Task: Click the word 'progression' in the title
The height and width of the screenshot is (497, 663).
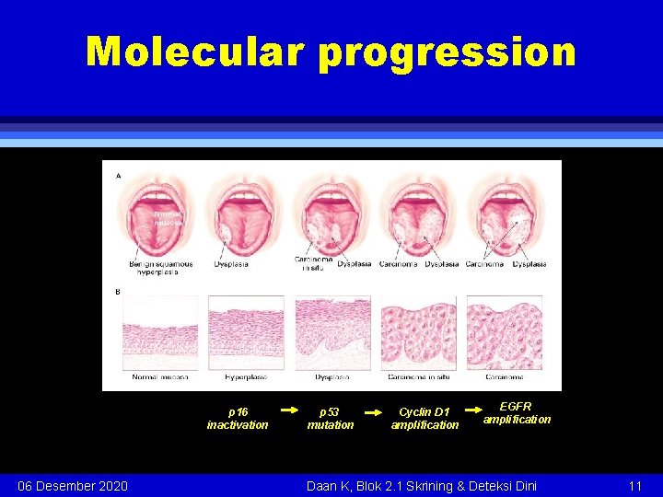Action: (x=447, y=52)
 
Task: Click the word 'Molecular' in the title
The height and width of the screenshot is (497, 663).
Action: (x=195, y=52)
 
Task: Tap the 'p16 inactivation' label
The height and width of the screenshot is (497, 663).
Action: (x=238, y=419)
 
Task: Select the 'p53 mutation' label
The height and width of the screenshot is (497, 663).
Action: (x=330, y=419)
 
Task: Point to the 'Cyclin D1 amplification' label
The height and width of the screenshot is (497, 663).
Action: (x=425, y=419)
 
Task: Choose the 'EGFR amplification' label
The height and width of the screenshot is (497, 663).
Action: (x=517, y=412)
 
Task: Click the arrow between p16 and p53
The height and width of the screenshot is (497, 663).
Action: (x=288, y=410)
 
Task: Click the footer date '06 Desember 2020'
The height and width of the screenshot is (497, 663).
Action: (x=73, y=485)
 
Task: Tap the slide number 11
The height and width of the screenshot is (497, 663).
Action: (x=634, y=485)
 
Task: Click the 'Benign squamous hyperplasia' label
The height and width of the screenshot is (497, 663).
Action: (x=161, y=268)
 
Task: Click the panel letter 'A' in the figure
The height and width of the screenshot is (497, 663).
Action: (x=118, y=175)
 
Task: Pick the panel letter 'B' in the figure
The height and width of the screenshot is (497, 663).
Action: (x=118, y=292)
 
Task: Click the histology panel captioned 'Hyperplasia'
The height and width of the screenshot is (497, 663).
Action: (x=246, y=332)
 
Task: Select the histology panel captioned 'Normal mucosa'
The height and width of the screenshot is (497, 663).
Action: (x=160, y=332)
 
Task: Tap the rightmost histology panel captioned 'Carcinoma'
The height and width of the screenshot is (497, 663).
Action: (x=504, y=332)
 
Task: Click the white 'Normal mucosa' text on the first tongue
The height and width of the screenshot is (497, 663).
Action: (x=169, y=217)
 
